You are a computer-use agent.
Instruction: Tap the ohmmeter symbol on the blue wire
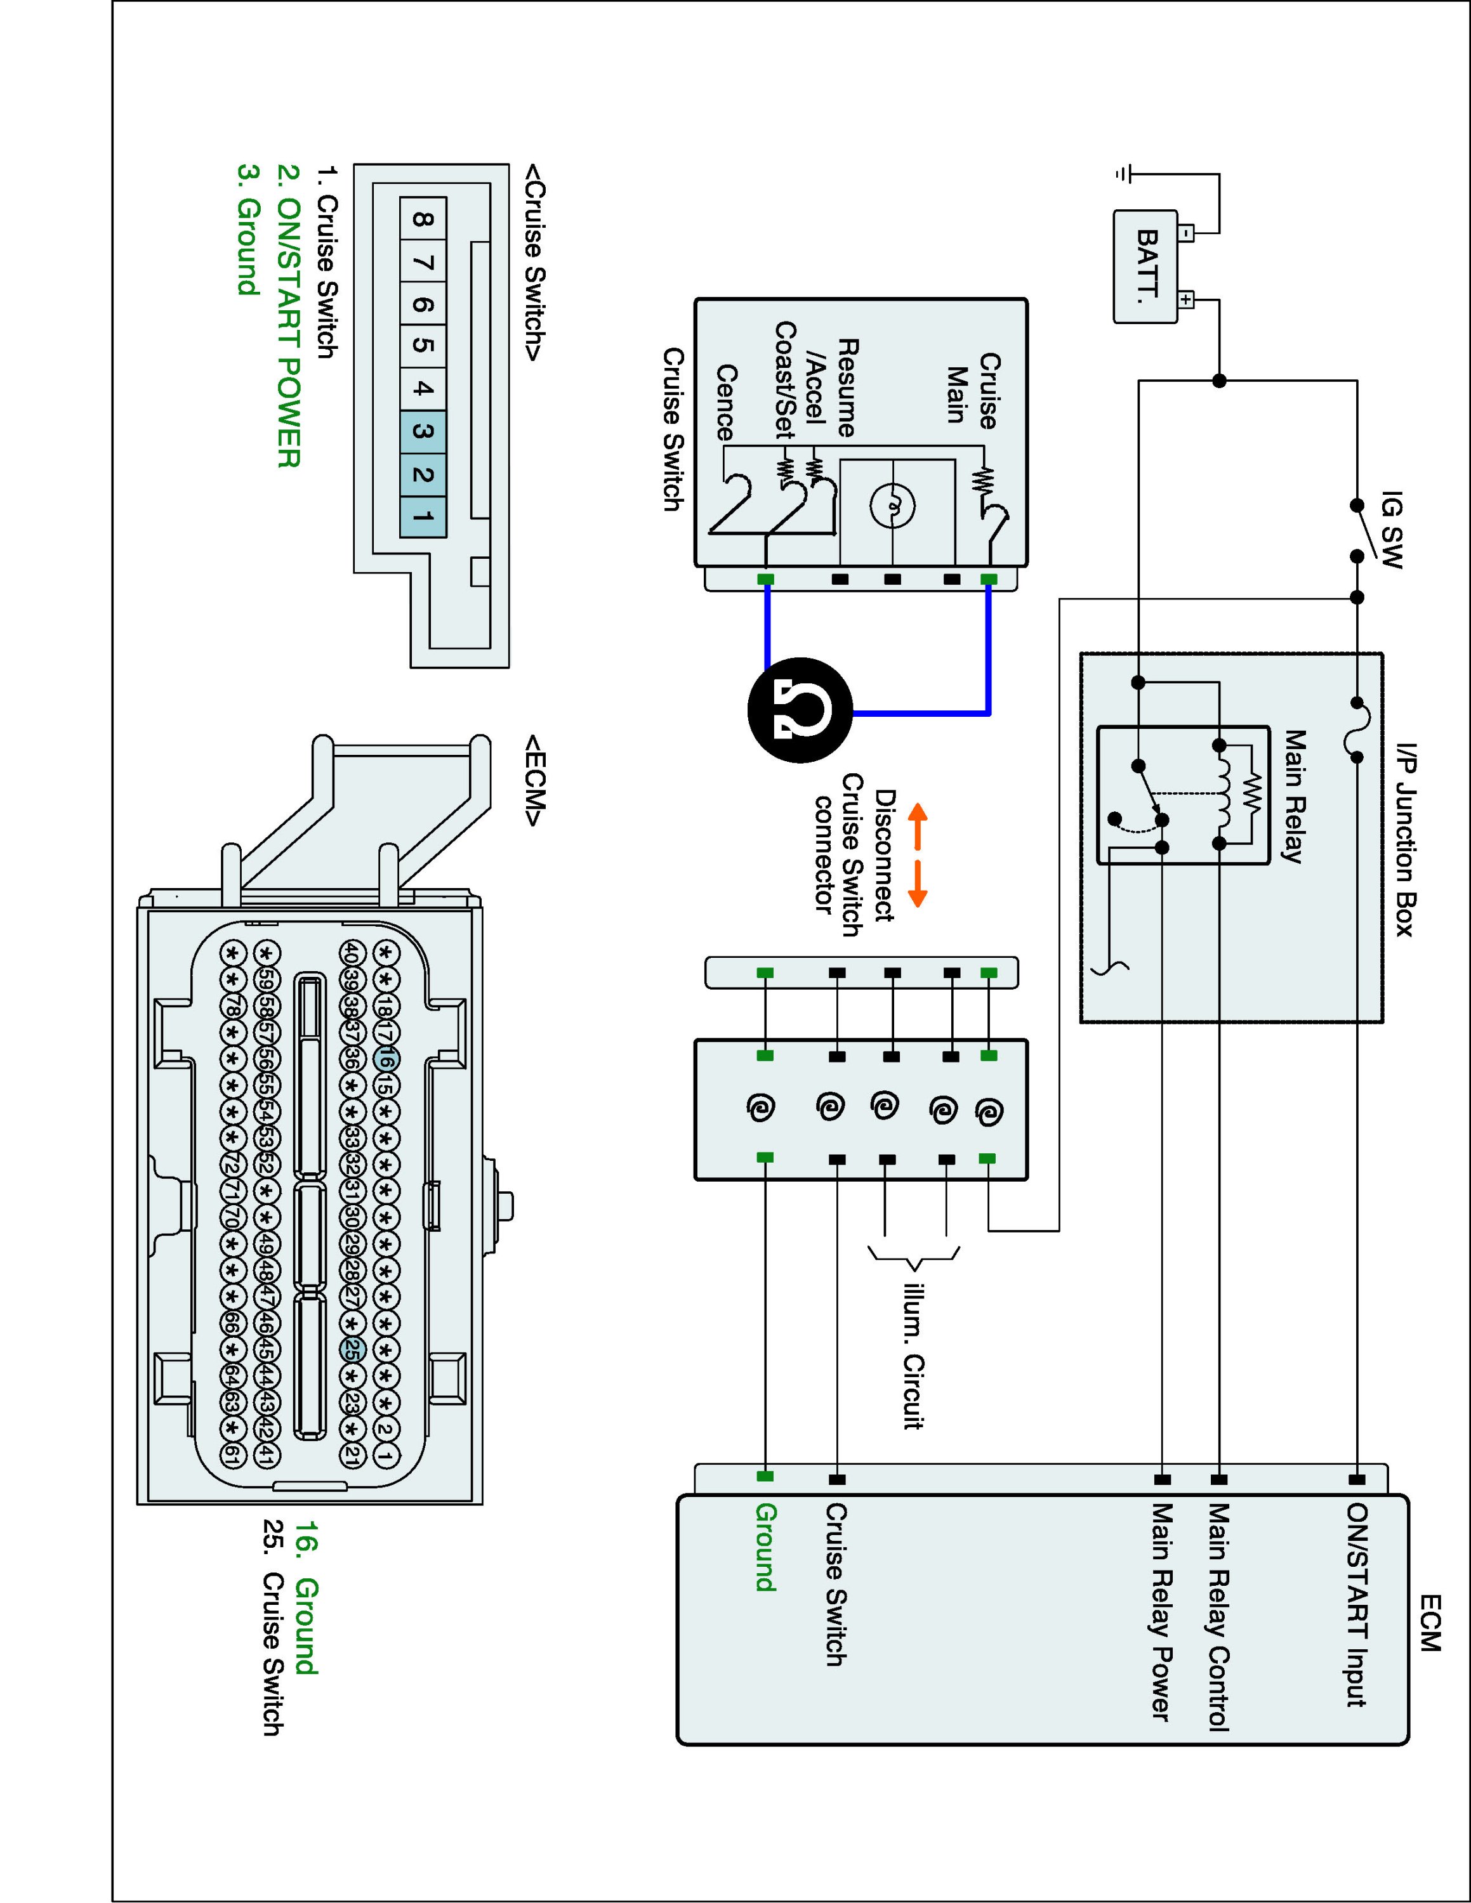pos(800,710)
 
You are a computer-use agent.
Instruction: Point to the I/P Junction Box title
pos(1406,839)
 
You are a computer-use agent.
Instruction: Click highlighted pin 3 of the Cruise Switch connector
pos(423,432)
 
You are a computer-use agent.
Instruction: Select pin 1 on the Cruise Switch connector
pos(423,518)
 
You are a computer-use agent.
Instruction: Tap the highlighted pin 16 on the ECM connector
pos(388,1059)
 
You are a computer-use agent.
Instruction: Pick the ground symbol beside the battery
pos(1123,174)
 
